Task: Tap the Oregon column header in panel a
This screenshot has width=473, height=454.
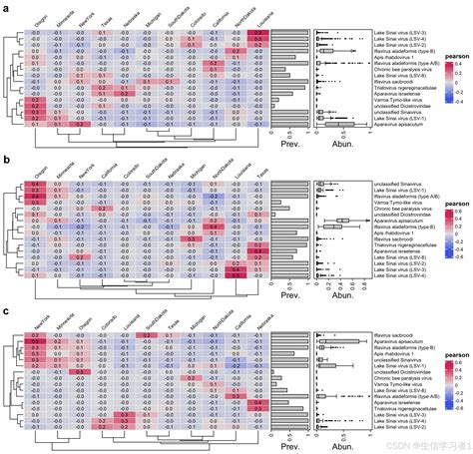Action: point(36,20)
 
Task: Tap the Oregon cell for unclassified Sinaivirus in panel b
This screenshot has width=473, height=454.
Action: point(35,185)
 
